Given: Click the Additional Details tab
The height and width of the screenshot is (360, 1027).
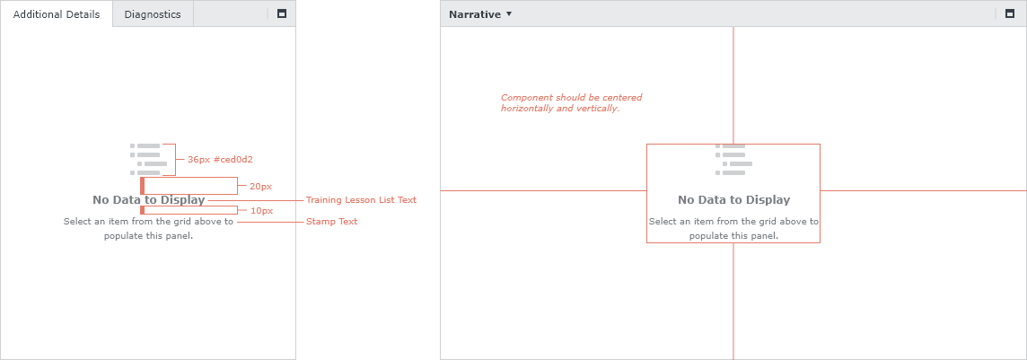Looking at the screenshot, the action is [x=57, y=13].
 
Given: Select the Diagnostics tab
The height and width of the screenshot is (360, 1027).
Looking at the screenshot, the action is [x=153, y=13].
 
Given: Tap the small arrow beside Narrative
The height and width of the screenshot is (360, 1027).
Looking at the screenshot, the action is [x=509, y=13].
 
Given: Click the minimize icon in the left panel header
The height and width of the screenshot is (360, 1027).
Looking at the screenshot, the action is [x=282, y=13].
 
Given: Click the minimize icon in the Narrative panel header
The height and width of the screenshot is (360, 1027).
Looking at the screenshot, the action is [x=1009, y=13].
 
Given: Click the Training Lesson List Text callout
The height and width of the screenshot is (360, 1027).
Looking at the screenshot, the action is [x=361, y=199].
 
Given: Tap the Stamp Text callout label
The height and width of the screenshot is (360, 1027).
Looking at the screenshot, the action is [x=331, y=221].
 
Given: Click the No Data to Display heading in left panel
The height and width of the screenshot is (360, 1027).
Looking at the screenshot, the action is [x=149, y=199].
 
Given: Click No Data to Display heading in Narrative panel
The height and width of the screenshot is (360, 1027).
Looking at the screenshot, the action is [x=733, y=199].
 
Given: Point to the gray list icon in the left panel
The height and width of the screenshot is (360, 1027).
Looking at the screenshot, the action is [x=145, y=159].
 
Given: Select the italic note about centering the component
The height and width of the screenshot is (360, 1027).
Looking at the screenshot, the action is [x=571, y=102].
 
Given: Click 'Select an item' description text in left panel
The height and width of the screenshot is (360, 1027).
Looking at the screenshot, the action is [x=149, y=228].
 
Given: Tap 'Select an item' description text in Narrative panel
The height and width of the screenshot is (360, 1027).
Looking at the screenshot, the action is [x=733, y=228].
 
